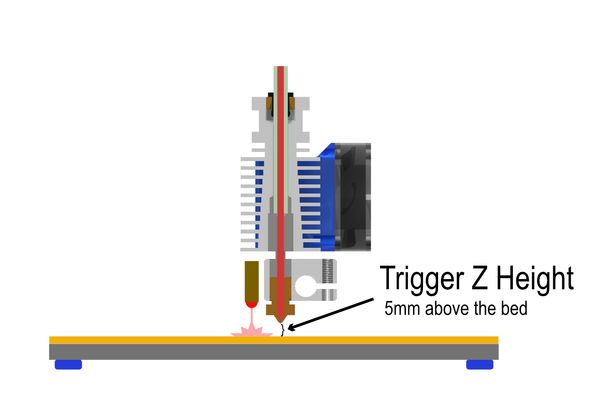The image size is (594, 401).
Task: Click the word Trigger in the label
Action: pos(421,279)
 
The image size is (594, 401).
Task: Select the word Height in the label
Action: pos(535,279)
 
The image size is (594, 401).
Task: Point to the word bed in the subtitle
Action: pos(514,309)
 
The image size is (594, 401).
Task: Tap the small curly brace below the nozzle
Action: pos(282,329)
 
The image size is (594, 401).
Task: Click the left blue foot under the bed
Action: pos(68,365)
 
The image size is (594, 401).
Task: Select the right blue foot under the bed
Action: pos(480,365)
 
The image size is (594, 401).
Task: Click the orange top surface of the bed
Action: pos(376,340)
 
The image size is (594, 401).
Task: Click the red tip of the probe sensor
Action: pos(251,304)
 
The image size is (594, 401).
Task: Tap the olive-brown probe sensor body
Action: pos(251,281)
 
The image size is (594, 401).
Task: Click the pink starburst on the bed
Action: pos(251,331)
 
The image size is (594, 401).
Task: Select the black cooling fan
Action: pos(353,197)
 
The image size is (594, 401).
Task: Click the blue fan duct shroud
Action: pos(327,198)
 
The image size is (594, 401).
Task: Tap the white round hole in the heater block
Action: pos(306,286)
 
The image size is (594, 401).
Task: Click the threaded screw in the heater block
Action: pos(327,271)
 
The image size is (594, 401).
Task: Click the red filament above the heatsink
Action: pos(280,79)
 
